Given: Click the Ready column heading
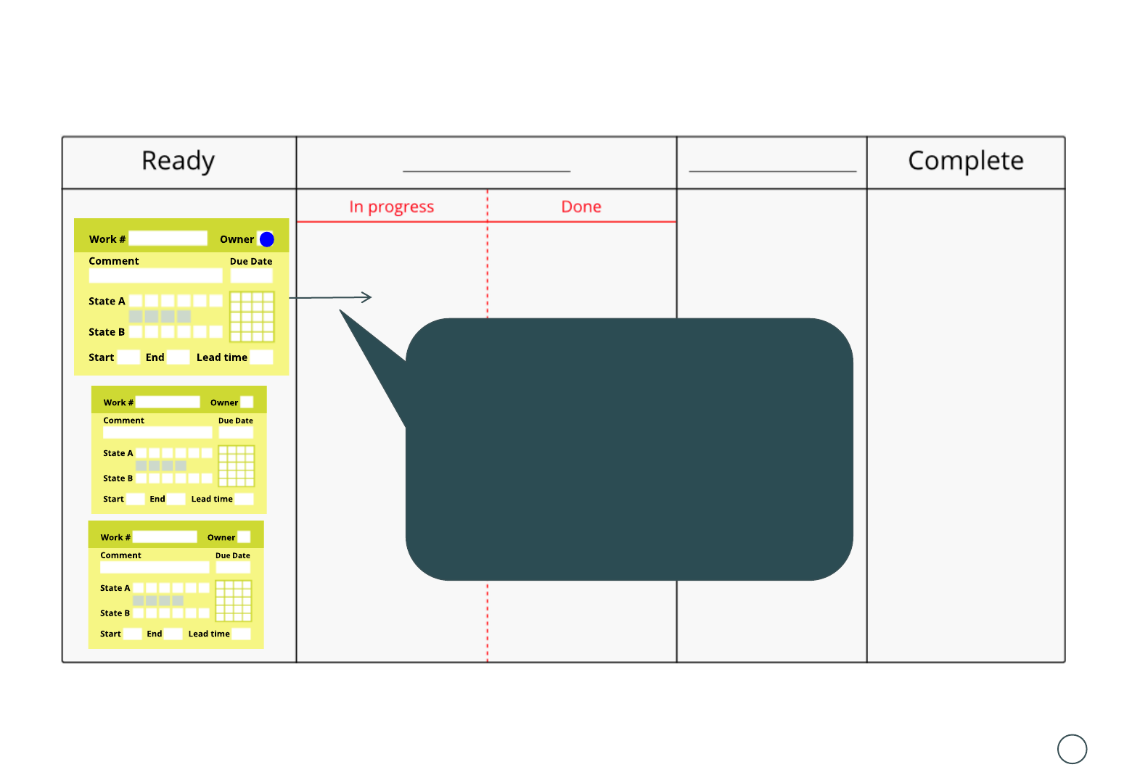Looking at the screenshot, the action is [178, 161].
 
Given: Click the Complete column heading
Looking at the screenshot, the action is [965, 161].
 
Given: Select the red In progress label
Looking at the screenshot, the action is [391, 207].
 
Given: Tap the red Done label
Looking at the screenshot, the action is [581, 207].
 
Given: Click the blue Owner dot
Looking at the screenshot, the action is [267, 239].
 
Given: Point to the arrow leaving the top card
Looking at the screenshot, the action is [331, 297].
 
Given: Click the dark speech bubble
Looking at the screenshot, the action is [628, 449].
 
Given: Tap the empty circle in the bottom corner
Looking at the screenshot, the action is [1072, 749].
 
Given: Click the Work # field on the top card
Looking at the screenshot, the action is [168, 239].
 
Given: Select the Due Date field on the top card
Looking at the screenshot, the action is [251, 275].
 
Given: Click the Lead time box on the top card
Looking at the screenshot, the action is [261, 357].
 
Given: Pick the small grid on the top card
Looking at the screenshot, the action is [252, 316].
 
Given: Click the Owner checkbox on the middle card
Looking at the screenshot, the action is [247, 402].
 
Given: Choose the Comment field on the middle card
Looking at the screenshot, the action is [157, 432].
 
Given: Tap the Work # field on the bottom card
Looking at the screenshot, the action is [165, 537].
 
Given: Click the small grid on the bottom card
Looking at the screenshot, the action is [234, 601].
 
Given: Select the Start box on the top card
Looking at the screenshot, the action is [128, 357].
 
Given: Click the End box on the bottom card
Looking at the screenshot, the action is [173, 634].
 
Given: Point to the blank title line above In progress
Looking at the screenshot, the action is [486, 171].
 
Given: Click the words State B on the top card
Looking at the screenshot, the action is [107, 332].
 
